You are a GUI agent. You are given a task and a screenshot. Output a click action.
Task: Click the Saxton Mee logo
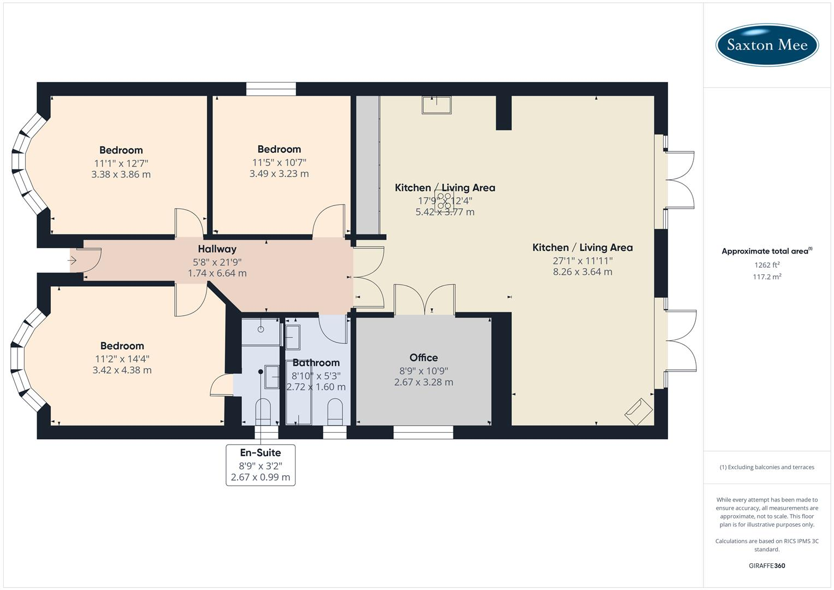click(x=767, y=45)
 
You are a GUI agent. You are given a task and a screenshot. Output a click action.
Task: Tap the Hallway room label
click(x=217, y=249)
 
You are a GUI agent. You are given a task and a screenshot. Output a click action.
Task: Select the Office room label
click(x=423, y=357)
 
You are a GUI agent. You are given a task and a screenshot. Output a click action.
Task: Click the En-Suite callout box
click(x=261, y=465)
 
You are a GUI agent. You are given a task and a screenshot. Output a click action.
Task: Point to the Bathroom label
click(x=316, y=363)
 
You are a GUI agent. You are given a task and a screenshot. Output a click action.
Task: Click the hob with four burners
click(x=444, y=200)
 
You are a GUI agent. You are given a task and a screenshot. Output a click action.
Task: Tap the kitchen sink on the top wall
click(x=436, y=104)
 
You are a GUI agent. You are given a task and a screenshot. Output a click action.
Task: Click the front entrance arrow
click(x=72, y=261)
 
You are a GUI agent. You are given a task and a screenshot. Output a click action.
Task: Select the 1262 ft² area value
click(x=767, y=265)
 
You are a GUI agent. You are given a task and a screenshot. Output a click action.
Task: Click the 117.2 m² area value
click(x=767, y=277)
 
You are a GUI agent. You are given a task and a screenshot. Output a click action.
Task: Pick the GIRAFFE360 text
click(x=767, y=565)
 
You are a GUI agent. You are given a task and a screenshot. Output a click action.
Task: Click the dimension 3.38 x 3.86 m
click(x=121, y=175)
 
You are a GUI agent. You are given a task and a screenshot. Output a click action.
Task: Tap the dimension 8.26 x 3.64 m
click(x=582, y=272)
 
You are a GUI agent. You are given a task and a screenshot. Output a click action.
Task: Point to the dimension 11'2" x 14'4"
click(x=122, y=358)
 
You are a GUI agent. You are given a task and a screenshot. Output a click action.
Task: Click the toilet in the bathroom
click(x=334, y=411)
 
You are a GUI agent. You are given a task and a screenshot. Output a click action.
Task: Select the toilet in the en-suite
click(x=263, y=411)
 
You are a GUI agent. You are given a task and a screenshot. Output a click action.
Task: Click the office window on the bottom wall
click(x=423, y=432)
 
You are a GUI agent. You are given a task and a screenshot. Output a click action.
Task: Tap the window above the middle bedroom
click(x=271, y=89)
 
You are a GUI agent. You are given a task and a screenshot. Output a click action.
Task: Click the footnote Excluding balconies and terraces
click(x=767, y=467)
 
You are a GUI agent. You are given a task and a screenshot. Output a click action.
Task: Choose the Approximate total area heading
click(x=766, y=251)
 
